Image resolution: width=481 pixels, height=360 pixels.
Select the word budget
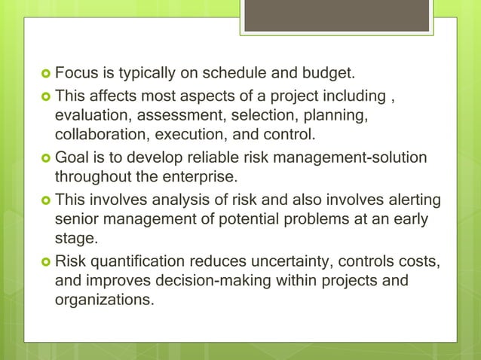[326, 75]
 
